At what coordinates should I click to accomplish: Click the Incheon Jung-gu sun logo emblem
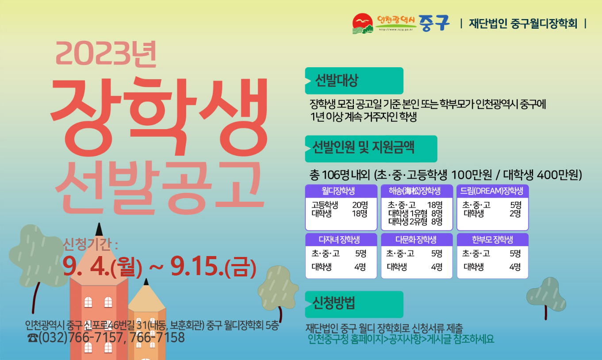[363, 23]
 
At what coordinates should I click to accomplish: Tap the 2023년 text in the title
[106, 54]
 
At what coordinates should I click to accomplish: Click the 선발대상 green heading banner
[354, 80]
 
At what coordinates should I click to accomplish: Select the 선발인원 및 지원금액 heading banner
[371, 149]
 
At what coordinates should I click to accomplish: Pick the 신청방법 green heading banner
[354, 304]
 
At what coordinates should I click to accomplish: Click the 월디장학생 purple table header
[341, 191]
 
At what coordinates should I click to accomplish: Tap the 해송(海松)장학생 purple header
[417, 191]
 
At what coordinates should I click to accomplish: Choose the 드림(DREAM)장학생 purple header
[493, 191]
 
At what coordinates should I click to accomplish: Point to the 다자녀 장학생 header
[341, 240]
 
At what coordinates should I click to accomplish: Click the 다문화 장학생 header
[417, 240]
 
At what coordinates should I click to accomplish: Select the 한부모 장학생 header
[493, 240]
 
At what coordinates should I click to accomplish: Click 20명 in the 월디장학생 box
[360, 205]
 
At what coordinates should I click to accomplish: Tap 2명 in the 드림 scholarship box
[515, 214]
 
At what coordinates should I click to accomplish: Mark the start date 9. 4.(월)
[102, 267]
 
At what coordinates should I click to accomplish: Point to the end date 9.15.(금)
[213, 267]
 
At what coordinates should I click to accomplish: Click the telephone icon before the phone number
[33, 338]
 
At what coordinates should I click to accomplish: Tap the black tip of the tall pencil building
[99, 230]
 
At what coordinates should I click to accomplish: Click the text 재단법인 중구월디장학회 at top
[523, 23]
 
